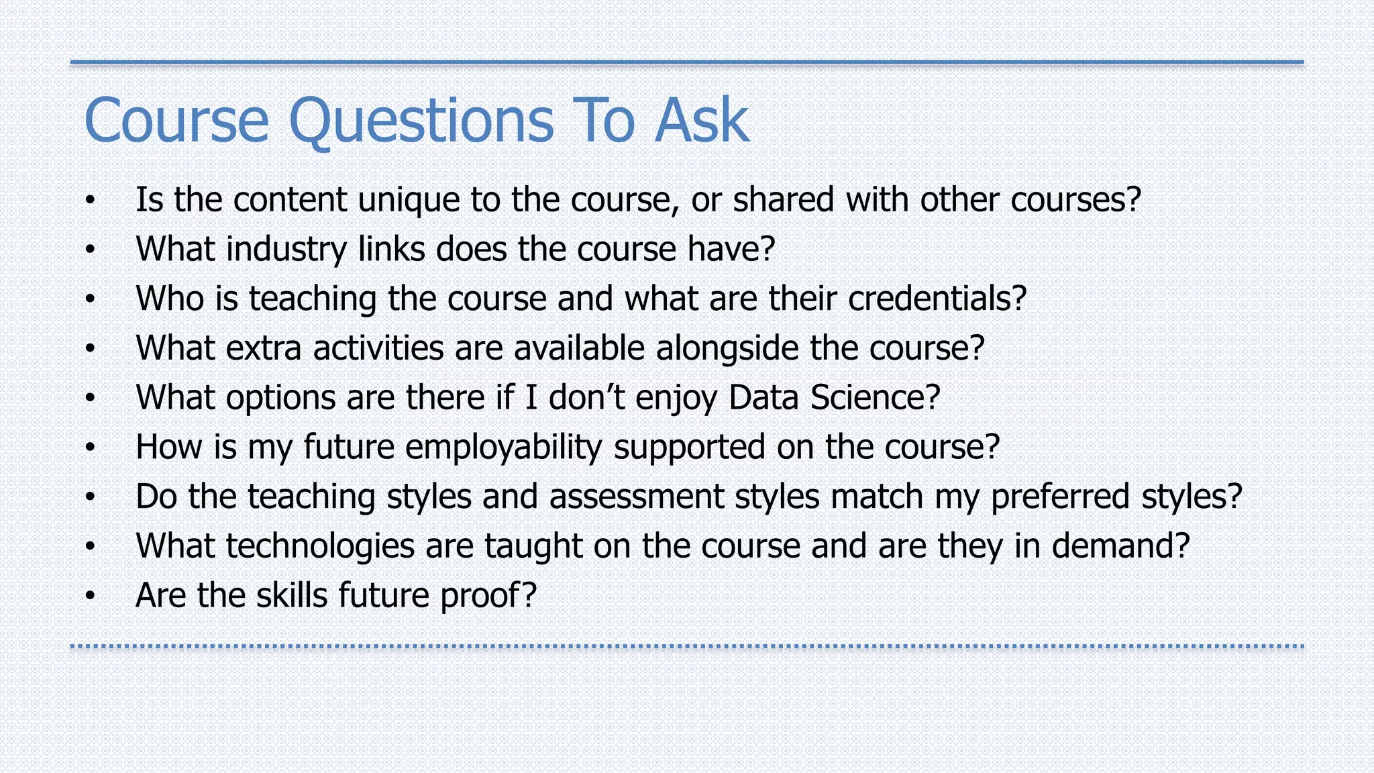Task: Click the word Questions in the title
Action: [x=421, y=122]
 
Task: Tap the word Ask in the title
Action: [x=702, y=121]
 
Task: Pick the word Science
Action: [x=875, y=397]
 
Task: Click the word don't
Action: [x=587, y=397]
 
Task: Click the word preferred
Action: [x=1060, y=497]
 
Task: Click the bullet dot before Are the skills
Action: [x=91, y=596]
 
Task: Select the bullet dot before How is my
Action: [x=91, y=448]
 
